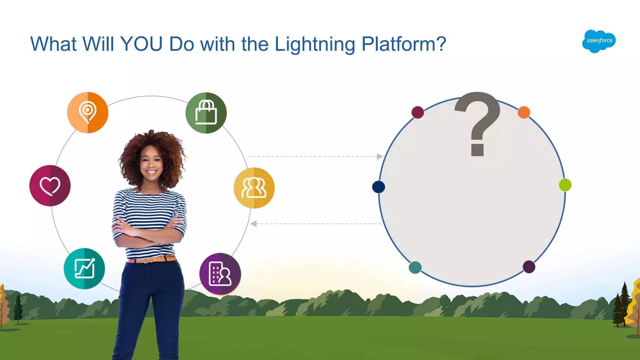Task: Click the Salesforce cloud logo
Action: [599, 41]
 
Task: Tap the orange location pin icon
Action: [88, 112]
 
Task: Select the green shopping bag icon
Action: [206, 113]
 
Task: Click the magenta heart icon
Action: [50, 186]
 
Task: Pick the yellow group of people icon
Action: [254, 188]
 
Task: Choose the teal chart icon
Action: [84, 268]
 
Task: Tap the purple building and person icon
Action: [220, 274]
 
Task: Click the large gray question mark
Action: [477, 123]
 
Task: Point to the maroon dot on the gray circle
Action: [418, 112]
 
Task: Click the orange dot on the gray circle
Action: [524, 112]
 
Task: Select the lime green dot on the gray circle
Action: [565, 185]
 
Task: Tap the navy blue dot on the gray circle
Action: [378, 187]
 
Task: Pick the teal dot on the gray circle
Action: [415, 267]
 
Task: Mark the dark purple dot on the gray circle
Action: [529, 267]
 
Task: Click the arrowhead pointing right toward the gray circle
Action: [380, 156]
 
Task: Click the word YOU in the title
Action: [141, 44]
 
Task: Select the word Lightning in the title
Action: [315, 45]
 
